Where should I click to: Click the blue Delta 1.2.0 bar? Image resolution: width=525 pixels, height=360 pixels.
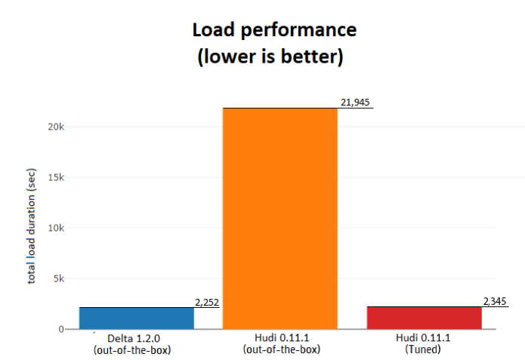136,318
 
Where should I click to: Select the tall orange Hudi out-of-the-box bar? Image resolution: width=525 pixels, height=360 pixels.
279,219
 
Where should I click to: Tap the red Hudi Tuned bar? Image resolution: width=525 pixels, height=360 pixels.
424,318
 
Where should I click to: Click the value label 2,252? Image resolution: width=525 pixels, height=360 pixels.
207,302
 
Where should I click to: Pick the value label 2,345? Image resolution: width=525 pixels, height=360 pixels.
495,301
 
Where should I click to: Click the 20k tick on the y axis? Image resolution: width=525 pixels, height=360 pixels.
55,127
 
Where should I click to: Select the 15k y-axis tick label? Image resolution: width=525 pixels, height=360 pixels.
55,177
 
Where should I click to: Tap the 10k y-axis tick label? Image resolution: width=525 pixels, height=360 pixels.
55,228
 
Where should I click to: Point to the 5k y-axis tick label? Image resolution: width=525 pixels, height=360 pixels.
57,278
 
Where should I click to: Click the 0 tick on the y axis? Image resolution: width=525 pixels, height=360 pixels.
61,329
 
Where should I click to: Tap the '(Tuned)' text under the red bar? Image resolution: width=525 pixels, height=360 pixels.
424,349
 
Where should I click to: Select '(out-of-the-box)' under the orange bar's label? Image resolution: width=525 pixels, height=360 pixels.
280,349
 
